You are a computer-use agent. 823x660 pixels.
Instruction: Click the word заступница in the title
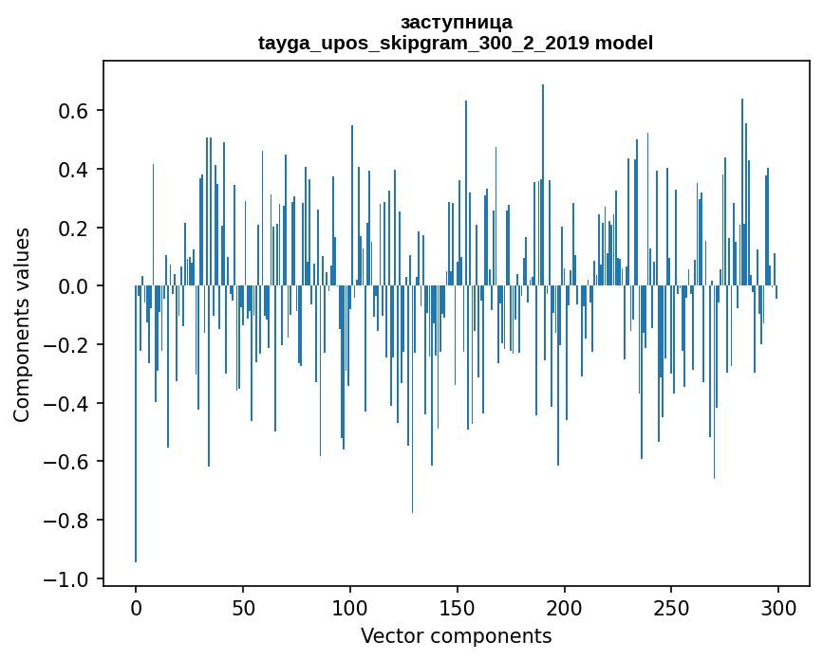456,22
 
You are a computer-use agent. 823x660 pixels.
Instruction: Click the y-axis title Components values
21,324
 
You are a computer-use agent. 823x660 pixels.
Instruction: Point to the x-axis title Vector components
456,635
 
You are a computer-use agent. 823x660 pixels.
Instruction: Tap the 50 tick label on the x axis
243,607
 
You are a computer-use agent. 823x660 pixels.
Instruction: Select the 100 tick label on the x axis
350,607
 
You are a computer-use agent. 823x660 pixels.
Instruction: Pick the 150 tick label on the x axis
458,607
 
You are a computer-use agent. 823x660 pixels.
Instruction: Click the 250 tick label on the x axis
671,607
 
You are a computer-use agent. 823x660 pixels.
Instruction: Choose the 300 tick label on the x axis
778,607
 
